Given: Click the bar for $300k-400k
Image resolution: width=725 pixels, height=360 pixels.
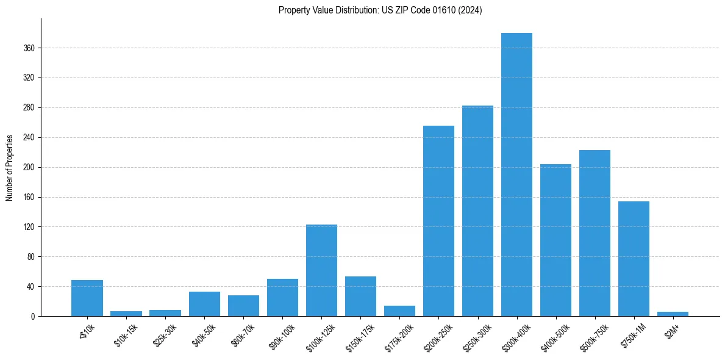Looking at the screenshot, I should (516, 175).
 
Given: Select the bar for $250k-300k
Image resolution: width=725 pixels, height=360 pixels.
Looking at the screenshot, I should (477, 211).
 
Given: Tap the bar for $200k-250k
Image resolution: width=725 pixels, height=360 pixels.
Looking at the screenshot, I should (438, 221).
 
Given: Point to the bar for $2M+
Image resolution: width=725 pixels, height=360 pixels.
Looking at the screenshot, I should (673, 314).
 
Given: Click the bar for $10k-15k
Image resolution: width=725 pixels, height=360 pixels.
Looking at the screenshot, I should (126, 314).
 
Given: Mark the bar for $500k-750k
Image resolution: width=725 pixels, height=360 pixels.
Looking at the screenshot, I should (595, 233).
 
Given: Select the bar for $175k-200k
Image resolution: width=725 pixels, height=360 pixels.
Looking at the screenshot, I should (399, 311).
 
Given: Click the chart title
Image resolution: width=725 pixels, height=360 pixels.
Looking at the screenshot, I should (380, 10).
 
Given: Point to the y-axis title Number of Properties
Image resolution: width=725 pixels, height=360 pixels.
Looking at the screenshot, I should (10, 167).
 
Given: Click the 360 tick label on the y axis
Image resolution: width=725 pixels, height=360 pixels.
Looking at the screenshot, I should (28, 48).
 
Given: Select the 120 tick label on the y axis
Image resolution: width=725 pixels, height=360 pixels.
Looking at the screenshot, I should (28, 227).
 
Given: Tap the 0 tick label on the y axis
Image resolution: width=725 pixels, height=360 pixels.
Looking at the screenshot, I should (32, 317).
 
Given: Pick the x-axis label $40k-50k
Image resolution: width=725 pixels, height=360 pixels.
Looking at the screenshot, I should (202, 334).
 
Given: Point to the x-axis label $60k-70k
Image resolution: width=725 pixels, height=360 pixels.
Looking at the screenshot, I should (241, 334).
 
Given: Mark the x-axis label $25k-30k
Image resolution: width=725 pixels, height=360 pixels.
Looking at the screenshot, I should (163, 334).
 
